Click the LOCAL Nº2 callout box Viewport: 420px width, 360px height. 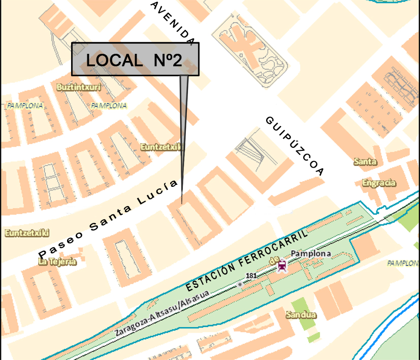[135, 59]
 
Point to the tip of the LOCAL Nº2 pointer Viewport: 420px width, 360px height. [182, 203]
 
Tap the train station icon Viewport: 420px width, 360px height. [281, 265]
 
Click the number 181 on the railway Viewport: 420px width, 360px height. [250, 276]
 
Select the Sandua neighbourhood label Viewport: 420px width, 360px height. [301, 315]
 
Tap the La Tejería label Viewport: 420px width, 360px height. [57, 261]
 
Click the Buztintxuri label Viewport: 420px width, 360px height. [79, 87]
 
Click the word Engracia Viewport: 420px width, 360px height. [379, 183]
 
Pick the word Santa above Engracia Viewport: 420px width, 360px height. [365, 162]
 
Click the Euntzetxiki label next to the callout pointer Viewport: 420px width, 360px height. [161, 147]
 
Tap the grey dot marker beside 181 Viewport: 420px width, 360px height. [240, 285]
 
